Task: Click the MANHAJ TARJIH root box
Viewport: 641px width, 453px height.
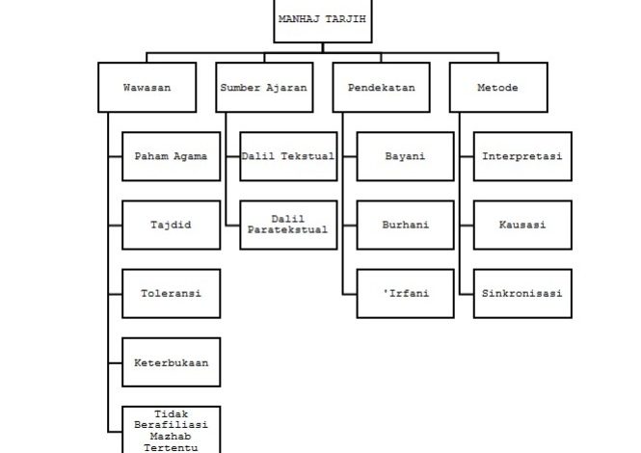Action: coord(322,19)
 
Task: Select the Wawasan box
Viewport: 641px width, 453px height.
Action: coord(147,88)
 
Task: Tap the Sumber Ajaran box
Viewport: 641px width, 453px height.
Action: coord(263,88)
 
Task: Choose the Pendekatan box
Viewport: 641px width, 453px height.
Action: coord(381,88)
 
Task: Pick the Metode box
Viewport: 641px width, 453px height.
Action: coord(497,88)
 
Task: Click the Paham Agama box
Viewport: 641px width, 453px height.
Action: coord(172,156)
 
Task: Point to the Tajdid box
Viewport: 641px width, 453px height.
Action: coord(172,225)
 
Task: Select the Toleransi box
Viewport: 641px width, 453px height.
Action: coord(172,293)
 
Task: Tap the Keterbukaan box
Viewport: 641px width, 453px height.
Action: coord(172,362)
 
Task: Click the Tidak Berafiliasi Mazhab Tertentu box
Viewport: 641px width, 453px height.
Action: coord(172,429)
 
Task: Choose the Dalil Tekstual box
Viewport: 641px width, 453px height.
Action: coord(288,156)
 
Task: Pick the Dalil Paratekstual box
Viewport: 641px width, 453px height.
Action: coord(288,225)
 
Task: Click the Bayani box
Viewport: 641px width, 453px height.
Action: coord(405,156)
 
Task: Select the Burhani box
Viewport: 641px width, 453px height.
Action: coord(405,225)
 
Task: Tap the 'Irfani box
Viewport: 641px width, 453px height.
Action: coord(405,293)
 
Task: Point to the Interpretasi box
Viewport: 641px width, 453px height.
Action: coord(522,156)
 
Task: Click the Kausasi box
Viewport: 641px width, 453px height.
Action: coord(522,225)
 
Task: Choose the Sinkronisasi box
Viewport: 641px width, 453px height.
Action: coord(522,293)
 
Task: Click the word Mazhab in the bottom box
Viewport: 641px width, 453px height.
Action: coord(172,436)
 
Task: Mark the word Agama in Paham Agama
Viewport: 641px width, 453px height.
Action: coord(191,156)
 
